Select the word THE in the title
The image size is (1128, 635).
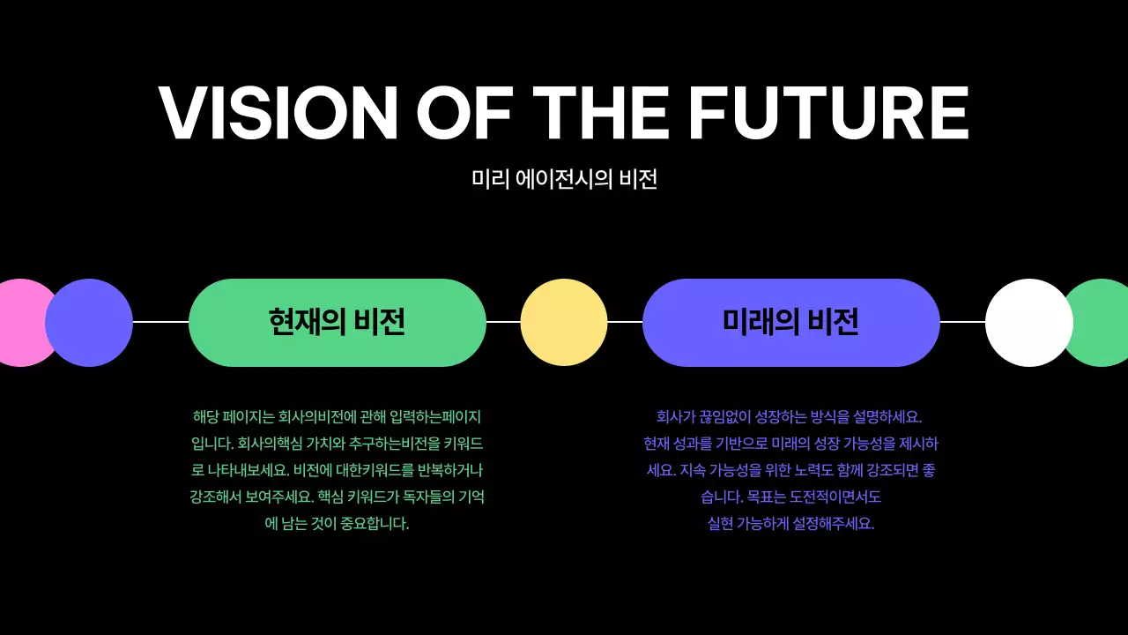(x=600, y=113)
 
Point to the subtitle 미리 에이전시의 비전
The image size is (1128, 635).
(x=564, y=179)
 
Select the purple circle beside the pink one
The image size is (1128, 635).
(x=89, y=323)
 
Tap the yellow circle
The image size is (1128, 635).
(x=564, y=323)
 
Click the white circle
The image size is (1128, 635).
(x=1028, y=323)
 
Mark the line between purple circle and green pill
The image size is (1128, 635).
(x=160, y=323)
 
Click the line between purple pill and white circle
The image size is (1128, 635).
(x=962, y=323)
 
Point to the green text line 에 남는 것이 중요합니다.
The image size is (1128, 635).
(x=338, y=524)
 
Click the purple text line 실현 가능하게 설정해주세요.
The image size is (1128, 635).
(x=790, y=524)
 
